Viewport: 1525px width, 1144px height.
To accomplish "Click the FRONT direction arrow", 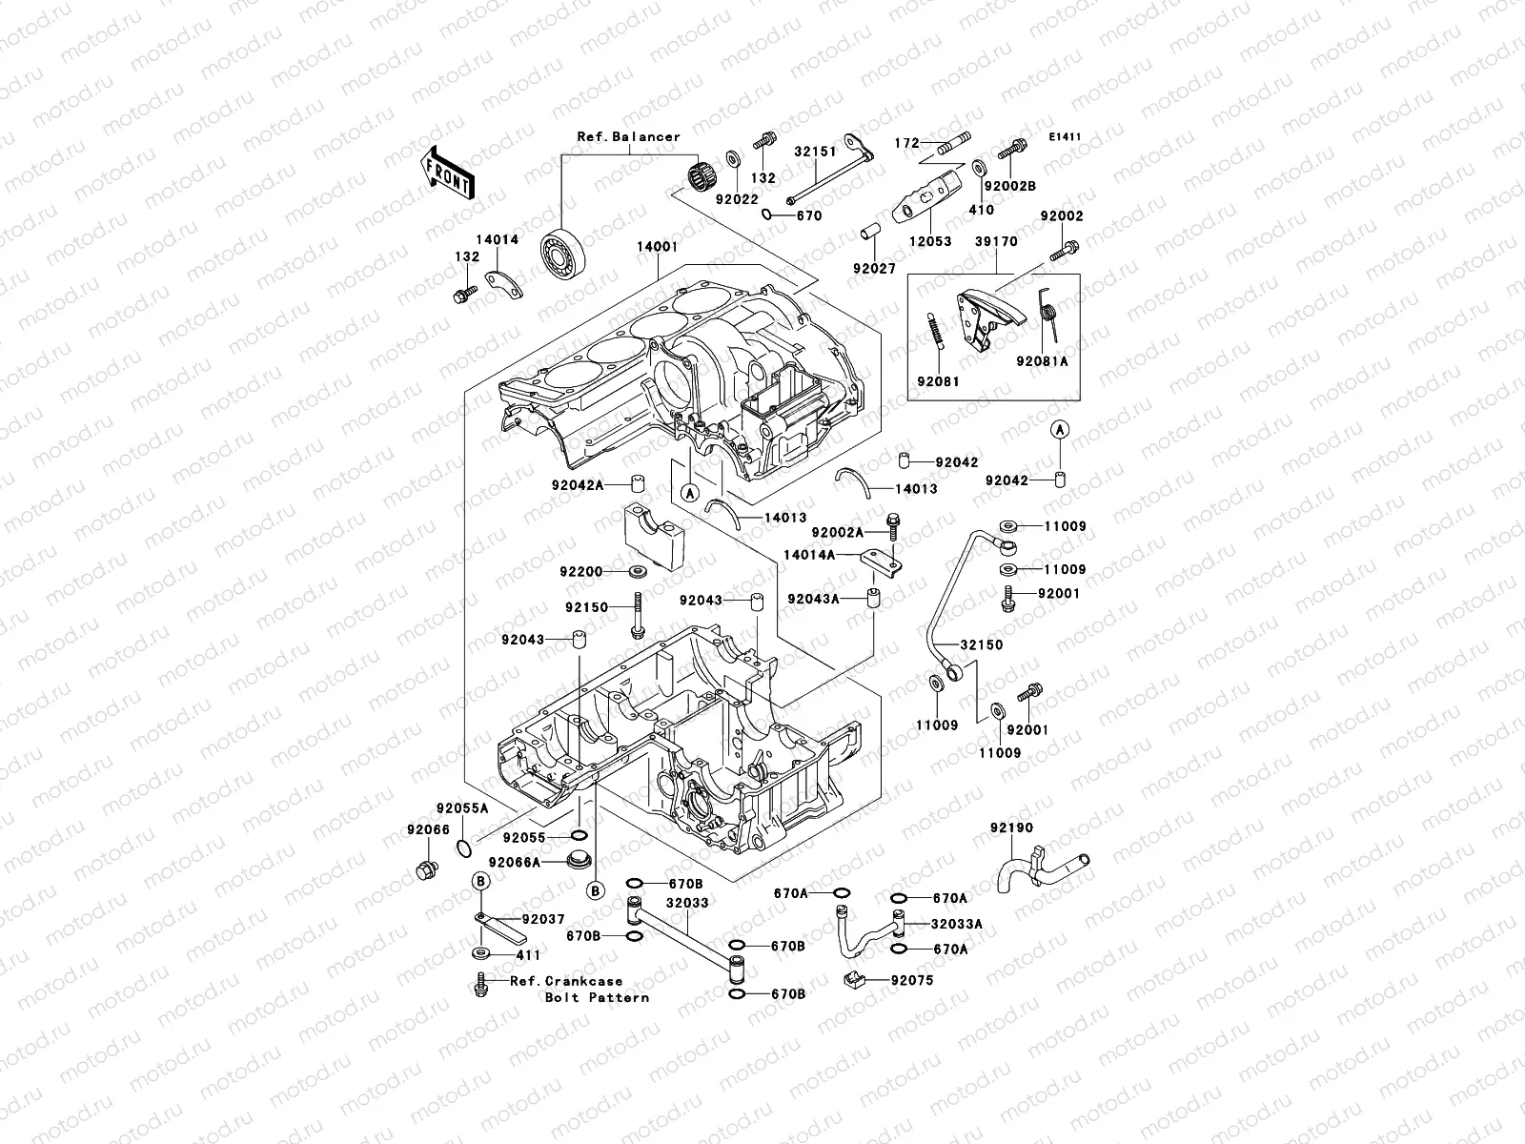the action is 447,173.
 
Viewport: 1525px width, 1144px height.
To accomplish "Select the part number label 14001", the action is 658,247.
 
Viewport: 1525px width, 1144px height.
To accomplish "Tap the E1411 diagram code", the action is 1065,137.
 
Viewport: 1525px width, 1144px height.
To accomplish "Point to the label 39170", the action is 996,241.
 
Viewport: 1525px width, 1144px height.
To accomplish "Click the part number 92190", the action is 1011,827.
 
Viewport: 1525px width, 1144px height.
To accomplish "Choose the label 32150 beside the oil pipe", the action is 982,644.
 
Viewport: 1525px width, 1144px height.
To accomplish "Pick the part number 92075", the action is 912,980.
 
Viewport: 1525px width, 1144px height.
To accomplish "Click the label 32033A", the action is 957,924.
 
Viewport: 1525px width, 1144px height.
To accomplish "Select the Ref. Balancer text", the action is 629,137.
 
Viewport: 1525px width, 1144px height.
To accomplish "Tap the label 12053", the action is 930,241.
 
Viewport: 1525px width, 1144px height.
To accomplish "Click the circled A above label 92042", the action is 1060,431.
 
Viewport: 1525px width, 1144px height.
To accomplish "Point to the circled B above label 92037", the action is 480,882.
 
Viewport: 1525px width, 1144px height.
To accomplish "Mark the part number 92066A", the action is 514,862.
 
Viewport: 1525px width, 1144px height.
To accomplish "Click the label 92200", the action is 580,572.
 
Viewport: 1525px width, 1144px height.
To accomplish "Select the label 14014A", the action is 808,555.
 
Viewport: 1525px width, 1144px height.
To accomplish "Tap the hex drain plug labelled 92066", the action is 427,869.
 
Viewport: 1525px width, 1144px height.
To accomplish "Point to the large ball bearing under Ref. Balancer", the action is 563,254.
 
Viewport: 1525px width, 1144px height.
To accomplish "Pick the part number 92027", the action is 874,268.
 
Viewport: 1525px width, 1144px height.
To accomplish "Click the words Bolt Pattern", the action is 597,997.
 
